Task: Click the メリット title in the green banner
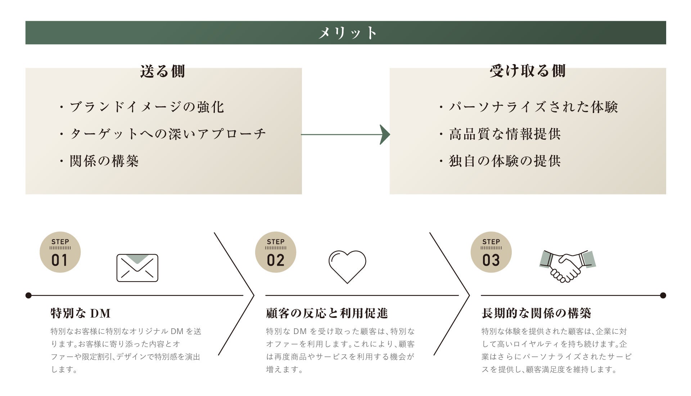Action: (x=347, y=33)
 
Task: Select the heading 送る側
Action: (x=162, y=71)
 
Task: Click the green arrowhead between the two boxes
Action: (x=385, y=135)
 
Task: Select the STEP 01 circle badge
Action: (x=60, y=252)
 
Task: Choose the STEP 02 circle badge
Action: (x=276, y=252)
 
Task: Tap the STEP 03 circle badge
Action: (x=491, y=252)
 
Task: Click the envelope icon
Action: (x=137, y=268)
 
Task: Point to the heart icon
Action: (x=347, y=266)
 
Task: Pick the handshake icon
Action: (x=567, y=266)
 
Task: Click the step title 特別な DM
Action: (x=81, y=313)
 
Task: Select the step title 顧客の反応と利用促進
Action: (x=327, y=313)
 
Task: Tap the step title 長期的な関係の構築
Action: (x=536, y=313)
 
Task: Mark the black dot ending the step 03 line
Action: (x=663, y=296)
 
